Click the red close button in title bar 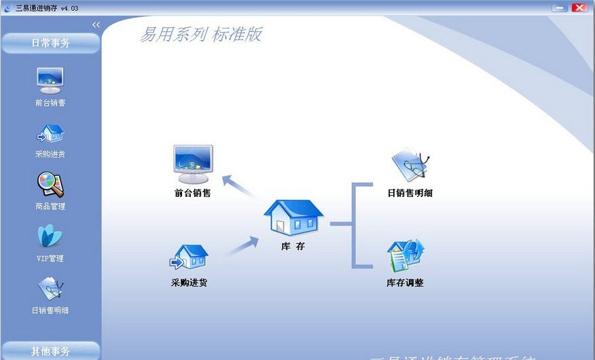coord(579,7)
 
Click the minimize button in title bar coord(560,7)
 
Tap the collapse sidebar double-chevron coord(96,25)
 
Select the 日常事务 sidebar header coord(50,43)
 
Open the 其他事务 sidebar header coord(50,351)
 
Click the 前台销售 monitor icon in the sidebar coord(50,80)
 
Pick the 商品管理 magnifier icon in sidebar coord(50,184)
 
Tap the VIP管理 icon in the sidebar coord(50,236)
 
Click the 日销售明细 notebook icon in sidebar coord(50,289)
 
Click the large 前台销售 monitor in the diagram coord(193,164)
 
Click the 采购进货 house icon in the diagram coord(189,258)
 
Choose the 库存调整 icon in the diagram coord(405,256)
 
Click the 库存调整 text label coord(405,283)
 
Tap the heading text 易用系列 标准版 coord(200,35)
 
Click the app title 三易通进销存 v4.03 coord(47,7)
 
